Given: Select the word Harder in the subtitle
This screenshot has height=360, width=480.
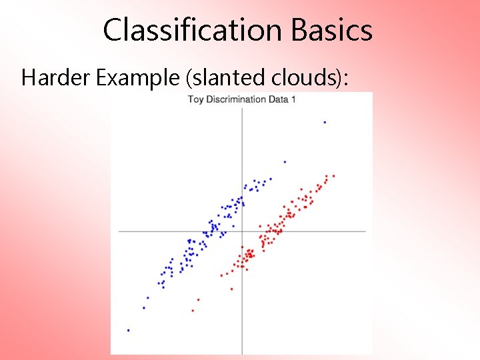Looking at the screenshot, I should (x=56, y=78).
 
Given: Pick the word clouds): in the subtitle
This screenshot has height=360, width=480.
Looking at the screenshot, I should (x=309, y=78).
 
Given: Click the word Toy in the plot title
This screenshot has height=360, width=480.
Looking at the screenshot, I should (x=195, y=99).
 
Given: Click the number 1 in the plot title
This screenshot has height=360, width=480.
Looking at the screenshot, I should (x=293, y=99).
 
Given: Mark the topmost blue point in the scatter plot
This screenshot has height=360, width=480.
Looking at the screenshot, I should (x=325, y=122).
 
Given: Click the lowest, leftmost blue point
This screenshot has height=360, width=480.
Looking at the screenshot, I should (x=128, y=330).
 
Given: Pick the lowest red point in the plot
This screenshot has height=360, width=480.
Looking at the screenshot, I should (x=193, y=311).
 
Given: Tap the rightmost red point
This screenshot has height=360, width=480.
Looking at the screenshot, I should (x=333, y=176).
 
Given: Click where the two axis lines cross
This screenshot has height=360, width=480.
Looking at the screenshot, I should (x=242, y=231).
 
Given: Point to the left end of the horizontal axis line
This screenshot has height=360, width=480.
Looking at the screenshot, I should (x=119, y=231).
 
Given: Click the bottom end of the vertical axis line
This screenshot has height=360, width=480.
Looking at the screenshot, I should (x=242, y=353).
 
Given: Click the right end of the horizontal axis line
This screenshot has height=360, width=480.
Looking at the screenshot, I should (x=365, y=231).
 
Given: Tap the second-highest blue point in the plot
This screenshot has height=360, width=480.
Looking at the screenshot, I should (x=285, y=161).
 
